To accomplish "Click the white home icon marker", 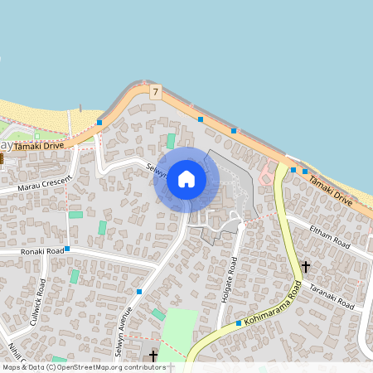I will click(x=186, y=179).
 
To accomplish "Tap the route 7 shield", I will click(x=155, y=92).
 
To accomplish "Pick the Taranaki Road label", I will click(x=332, y=296).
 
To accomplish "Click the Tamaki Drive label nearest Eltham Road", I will click(x=330, y=188).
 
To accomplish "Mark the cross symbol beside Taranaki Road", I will click(x=306, y=266).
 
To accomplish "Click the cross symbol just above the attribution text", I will click(x=153, y=355).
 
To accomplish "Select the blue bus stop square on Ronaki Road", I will click(x=67, y=249).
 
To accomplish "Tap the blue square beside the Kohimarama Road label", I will click(x=239, y=322).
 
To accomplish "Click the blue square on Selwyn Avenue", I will click(x=139, y=292).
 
